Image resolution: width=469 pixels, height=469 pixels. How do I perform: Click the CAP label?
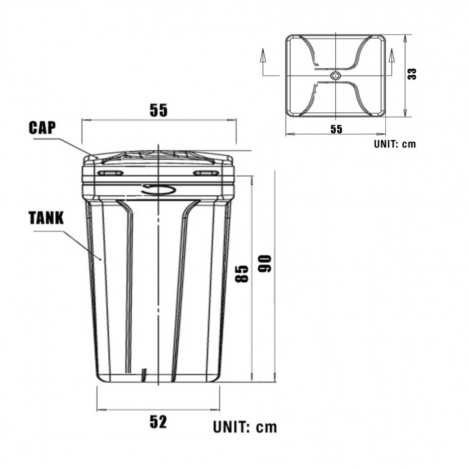tap(42, 128)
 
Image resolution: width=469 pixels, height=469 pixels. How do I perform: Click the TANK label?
tap(46, 218)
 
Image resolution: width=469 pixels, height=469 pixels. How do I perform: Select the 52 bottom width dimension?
tap(158, 422)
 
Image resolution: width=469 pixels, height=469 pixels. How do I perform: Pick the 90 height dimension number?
tap(264, 264)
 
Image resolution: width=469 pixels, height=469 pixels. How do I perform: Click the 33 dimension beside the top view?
tap(412, 74)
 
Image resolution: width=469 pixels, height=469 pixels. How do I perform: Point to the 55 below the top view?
tap(336, 129)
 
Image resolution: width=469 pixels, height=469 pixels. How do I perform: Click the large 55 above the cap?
tap(159, 110)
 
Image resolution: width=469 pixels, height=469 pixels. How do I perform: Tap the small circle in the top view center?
tap(336, 76)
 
